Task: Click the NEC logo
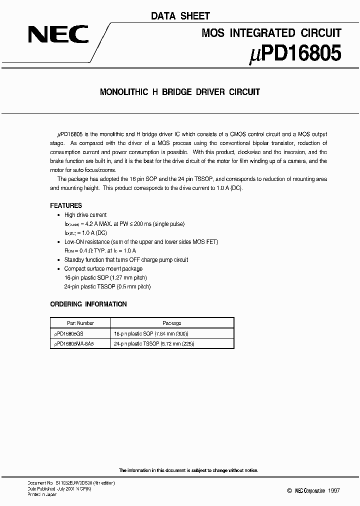(58, 34)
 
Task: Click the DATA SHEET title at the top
(180, 16)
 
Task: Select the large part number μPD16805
(295, 53)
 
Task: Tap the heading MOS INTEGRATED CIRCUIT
(271, 33)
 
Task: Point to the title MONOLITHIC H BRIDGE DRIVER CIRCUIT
(180, 92)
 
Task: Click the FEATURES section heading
(66, 205)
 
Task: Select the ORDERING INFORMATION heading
(88, 304)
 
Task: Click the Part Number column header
(80, 323)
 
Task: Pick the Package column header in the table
(172, 323)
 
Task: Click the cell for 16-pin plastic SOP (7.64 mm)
(151, 333)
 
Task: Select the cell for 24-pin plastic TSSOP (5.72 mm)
(154, 344)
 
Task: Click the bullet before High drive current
(59, 215)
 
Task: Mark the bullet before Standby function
(59, 260)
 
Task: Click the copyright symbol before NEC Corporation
(289, 491)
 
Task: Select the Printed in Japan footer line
(42, 494)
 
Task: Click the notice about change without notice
(188, 470)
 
